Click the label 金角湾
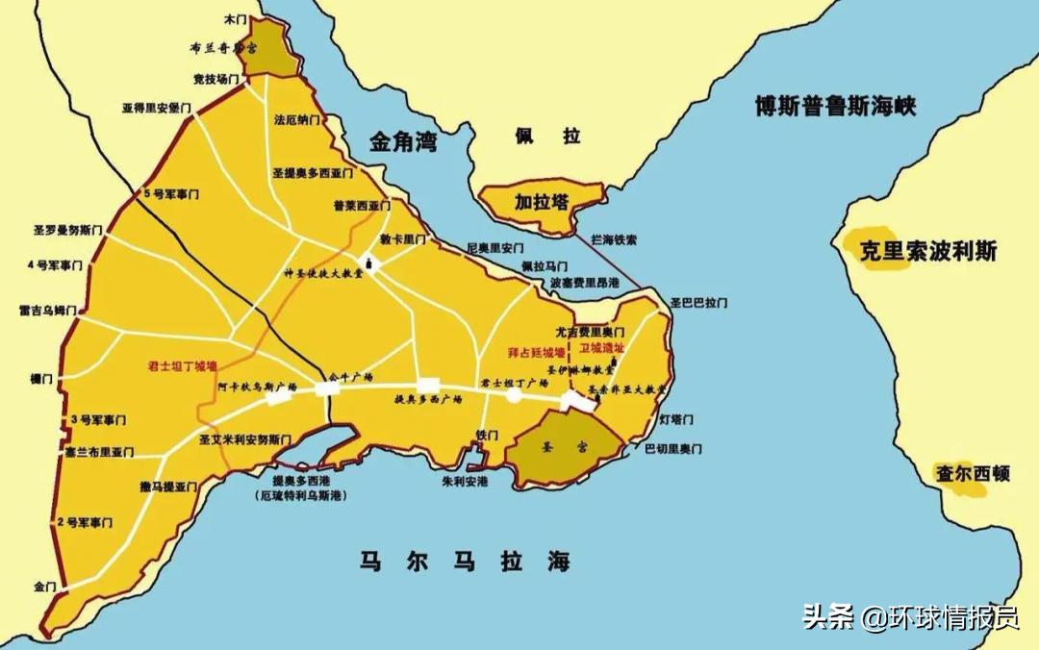coord(403,143)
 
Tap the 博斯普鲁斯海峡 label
coord(835,105)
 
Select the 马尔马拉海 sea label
coord(465,562)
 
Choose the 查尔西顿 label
coord(973,473)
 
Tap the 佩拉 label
coord(545,136)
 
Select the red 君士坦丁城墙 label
coord(182,366)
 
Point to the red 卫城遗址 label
coord(602,348)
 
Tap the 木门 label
coord(235,18)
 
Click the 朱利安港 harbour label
coord(465,481)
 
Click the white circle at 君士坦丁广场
coord(514,394)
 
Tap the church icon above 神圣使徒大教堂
coord(367,261)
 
